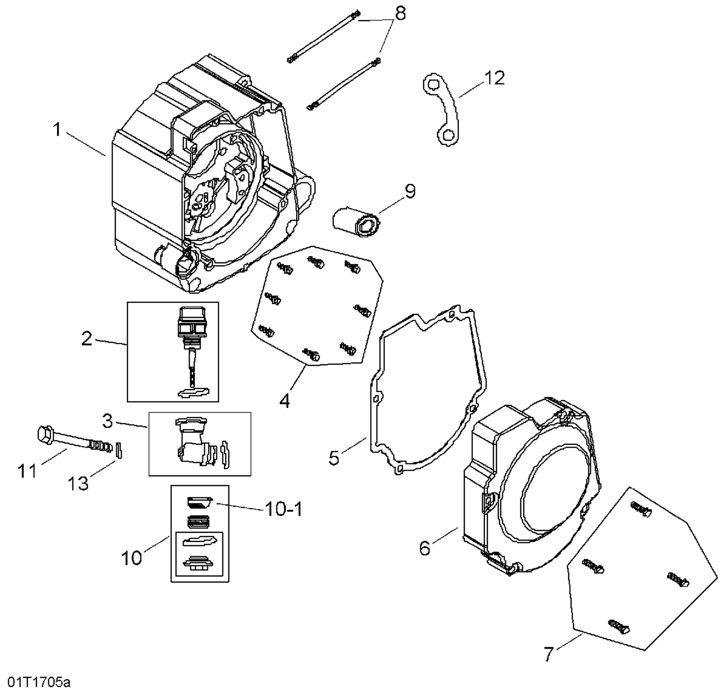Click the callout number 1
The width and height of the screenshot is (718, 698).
57,129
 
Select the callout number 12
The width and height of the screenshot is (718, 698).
494,78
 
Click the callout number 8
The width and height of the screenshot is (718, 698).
400,14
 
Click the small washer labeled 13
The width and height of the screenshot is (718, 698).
120,451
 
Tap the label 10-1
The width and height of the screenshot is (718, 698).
283,509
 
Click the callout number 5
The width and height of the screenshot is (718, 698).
334,457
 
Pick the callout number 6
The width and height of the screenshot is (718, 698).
425,548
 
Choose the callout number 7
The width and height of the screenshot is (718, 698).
549,654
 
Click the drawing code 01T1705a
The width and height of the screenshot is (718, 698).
39,682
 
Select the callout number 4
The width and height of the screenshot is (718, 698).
284,401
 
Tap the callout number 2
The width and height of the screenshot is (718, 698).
87,339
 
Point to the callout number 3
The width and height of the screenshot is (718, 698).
107,421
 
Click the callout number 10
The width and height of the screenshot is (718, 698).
132,558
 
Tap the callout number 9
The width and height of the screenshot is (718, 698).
410,191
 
